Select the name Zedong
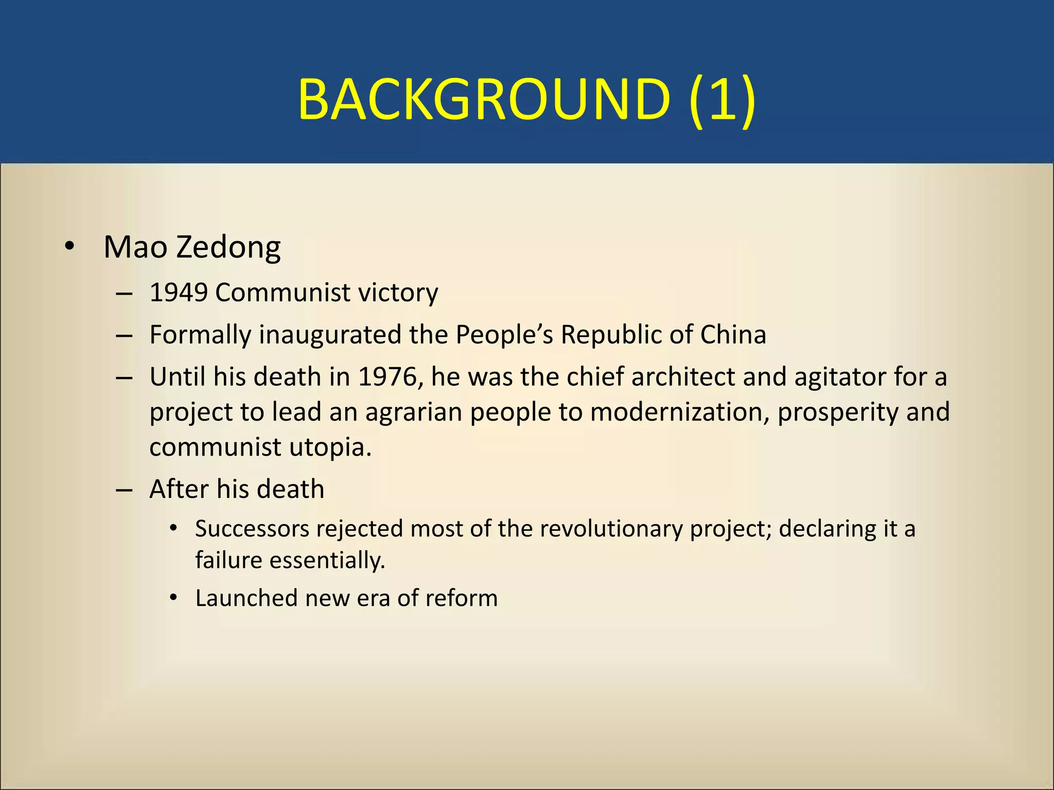coord(228,247)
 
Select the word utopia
coord(330,447)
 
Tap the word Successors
coord(252,529)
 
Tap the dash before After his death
coord(124,490)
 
